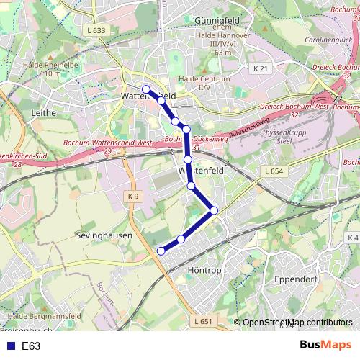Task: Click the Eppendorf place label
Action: click(x=296, y=277)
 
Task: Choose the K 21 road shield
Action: click(x=261, y=68)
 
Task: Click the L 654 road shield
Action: click(x=274, y=171)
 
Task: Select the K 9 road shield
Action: click(x=133, y=196)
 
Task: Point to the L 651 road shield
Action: click(x=204, y=322)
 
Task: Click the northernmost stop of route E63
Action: click(x=146, y=89)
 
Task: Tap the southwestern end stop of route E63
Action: click(x=161, y=251)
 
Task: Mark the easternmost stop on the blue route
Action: click(x=214, y=210)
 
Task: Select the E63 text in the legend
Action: click(x=31, y=346)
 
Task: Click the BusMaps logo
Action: click(x=325, y=345)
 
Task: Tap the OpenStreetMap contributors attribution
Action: click(x=297, y=322)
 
